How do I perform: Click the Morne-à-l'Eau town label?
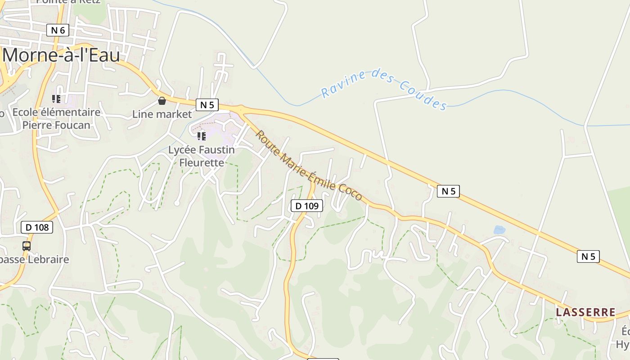point(62,55)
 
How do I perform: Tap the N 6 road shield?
point(58,30)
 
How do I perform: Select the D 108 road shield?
point(37,227)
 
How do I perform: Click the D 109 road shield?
point(307,206)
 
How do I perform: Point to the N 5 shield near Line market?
point(207,105)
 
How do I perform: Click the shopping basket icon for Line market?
point(162,101)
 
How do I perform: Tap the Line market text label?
point(162,114)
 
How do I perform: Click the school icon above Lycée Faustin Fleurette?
point(201,136)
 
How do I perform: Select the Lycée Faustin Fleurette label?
point(202,156)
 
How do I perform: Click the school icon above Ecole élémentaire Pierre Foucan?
point(56,99)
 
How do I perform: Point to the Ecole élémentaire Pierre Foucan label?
point(56,118)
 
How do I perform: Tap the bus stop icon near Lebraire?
point(27,246)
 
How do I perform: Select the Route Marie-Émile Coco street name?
point(309,166)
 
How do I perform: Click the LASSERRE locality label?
point(585,312)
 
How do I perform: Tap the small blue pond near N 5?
point(499,230)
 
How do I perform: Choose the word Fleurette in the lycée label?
point(202,162)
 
